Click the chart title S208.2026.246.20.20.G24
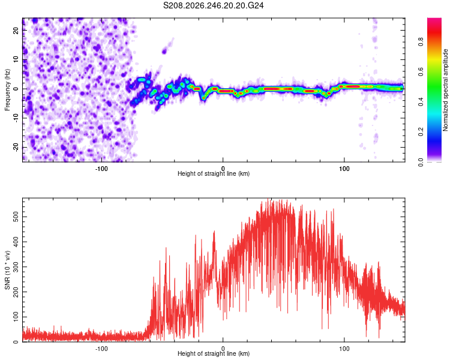point(213,5)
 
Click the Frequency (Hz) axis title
point(7,90)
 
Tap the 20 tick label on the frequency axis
point(16,31)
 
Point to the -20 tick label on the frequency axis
point(16,147)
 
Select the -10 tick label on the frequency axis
point(16,118)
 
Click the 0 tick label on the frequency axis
point(16,89)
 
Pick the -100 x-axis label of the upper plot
point(101,169)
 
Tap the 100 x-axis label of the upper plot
point(344,169)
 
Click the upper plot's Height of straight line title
point(214,173)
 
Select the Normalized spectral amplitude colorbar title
point(445,90)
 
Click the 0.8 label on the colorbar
point(421,42)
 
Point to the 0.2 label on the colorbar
point(421,132)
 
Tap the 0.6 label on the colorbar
point(421,72)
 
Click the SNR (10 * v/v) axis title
point(7,270)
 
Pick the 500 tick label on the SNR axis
point(16,217)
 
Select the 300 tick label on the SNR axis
point(16,266)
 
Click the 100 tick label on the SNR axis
point(16,317)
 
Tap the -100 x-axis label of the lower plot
point(101,349)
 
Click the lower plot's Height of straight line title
point(214,353)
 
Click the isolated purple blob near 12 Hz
point(164,52)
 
